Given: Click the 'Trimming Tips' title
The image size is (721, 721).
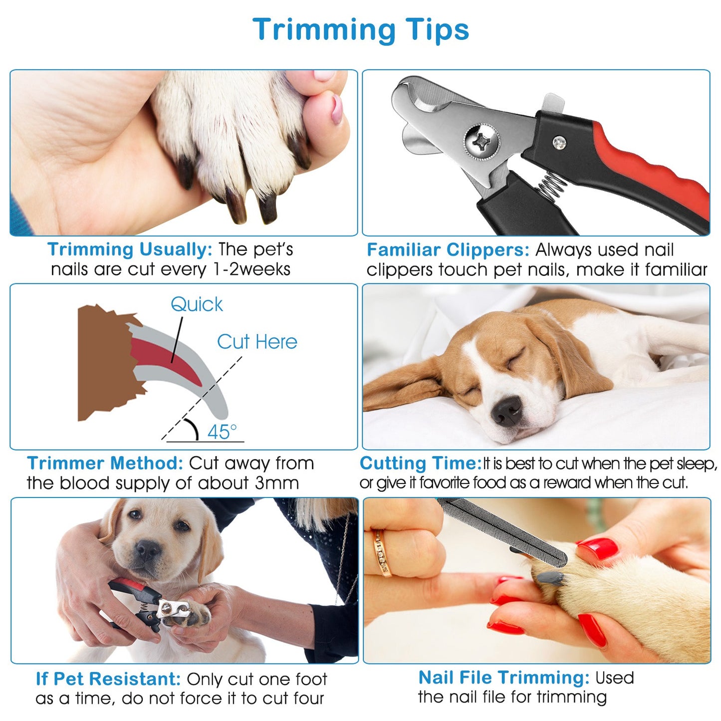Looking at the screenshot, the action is (361, 30).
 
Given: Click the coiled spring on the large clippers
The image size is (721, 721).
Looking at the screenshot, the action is (553, 187).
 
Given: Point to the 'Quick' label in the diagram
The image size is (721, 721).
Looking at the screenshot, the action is (197, 304).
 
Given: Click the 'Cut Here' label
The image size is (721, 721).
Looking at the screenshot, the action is (257, 342).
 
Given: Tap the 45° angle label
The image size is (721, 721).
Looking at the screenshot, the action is (222, 432).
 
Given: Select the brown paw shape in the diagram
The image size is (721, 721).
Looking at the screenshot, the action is (107, 363).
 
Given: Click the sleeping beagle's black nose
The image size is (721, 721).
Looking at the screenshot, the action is (506, 411).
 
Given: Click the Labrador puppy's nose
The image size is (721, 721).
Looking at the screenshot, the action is (148, 550).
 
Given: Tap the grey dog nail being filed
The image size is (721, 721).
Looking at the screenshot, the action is (550, 578).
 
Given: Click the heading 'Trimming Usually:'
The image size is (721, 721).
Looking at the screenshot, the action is (130, 249).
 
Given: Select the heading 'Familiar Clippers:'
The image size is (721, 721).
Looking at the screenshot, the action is (448, 250).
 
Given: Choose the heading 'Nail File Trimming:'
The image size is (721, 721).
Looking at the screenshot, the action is (504, 678).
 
